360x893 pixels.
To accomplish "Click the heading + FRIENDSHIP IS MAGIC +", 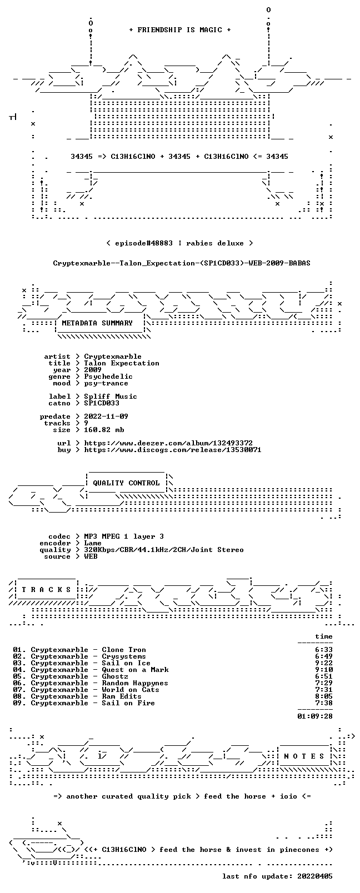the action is [x=180, y=30].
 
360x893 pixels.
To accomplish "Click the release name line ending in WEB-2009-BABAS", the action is [x=182, y=263].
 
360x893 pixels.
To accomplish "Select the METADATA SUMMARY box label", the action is [x=97, y=323].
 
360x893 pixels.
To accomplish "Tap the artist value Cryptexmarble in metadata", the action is [x=113, y=357].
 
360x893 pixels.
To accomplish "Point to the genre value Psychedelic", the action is [x=108, y=377].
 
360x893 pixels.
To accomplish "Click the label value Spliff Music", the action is [x=111, y=397].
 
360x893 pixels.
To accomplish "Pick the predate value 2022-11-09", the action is [x=106, y=417].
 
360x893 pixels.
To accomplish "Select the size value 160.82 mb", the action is [x=104, y=430].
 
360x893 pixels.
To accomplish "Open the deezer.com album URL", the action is [x=168, y=443].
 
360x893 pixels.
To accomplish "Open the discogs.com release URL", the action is [x=173, y=450].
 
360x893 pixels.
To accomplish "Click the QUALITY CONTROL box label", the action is [x=126, y=483].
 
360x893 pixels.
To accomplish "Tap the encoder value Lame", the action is [x=93, y=543].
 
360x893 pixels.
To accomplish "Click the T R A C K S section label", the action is [x=46, y=590].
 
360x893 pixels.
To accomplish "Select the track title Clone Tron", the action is [x=124, y=650].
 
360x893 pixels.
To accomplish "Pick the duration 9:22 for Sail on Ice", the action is [x=324, y=664].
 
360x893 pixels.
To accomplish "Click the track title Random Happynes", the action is [x=135, y=683].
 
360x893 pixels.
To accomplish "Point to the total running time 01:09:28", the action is [x=315, y=716].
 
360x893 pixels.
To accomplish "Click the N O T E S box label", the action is [x=304, y=756].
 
